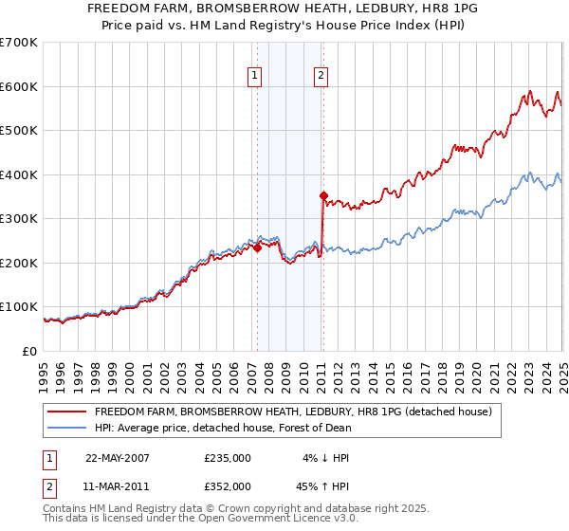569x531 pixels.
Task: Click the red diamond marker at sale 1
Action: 257,247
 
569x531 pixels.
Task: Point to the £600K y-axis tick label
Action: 19,86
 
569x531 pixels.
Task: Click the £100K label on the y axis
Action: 19,307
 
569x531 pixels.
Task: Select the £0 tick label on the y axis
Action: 29,351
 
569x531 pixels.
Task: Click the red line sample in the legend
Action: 66,412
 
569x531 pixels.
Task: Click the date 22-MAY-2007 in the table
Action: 117,457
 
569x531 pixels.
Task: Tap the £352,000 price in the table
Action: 228,485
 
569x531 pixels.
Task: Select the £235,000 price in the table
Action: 228,457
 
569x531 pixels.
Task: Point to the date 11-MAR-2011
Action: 117,485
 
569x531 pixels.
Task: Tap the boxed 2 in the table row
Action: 48,485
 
